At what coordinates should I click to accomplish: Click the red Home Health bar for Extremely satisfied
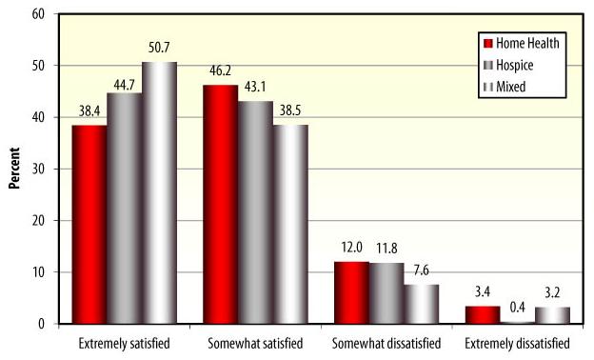[x=89, y=225]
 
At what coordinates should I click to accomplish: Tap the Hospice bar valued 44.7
[x=124, y=209]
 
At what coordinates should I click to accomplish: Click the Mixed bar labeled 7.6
[x=421, y=304]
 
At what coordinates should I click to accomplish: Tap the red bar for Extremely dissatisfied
[x=482, y=314]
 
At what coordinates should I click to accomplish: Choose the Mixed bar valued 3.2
[x=552, y=315]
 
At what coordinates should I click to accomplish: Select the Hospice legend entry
[x=513, y=64]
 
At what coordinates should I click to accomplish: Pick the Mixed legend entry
[x=509, y=86]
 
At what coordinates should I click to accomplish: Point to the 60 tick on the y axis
[x=39, y=14]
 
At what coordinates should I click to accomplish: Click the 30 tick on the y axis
[x=39, y=170]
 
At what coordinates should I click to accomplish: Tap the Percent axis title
[x=14, y=169]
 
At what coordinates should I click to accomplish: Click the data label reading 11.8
[x=386, y=247]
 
